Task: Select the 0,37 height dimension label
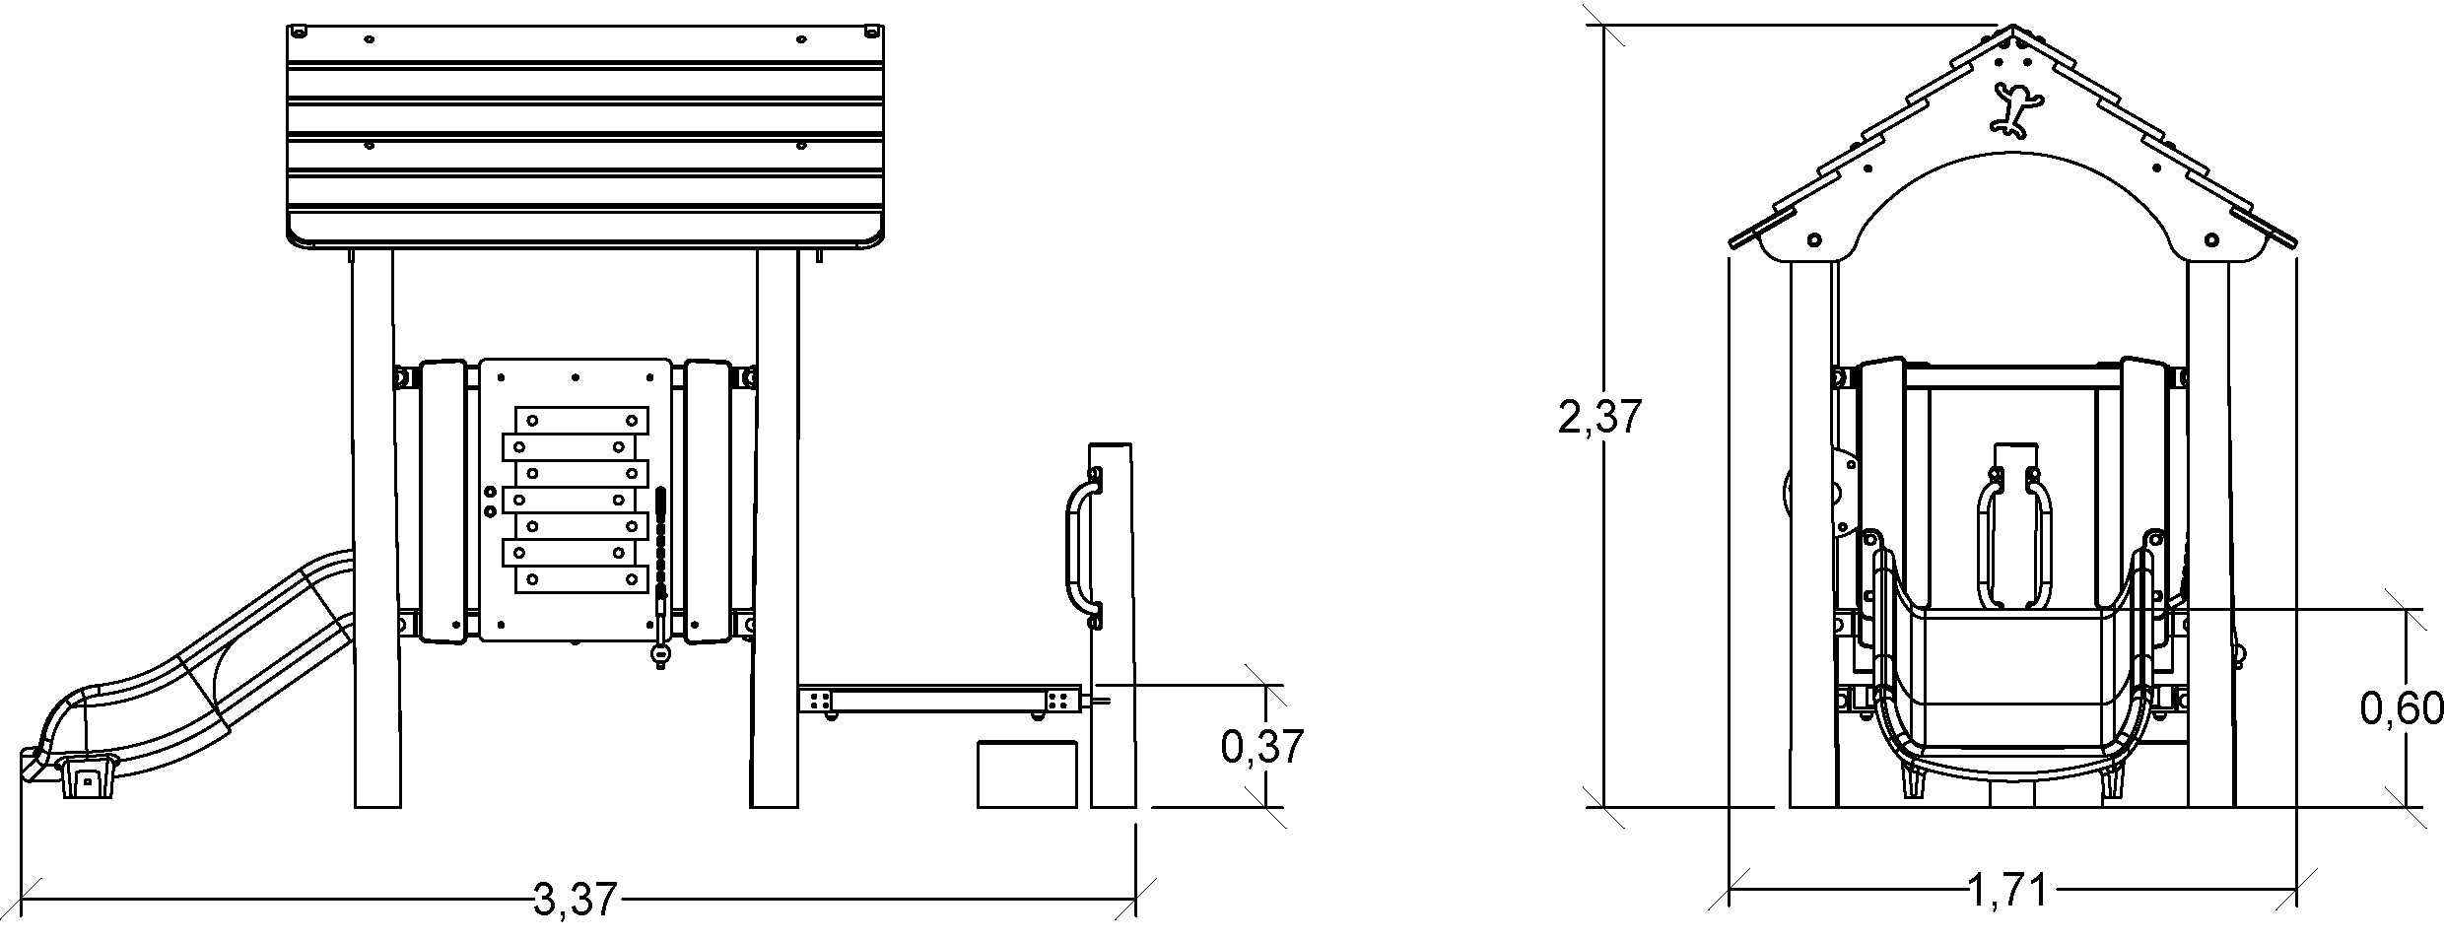pyautogui.click(x=1262, y=747)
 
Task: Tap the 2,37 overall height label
pyautogui.click(x=1599, y=417)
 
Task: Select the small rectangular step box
pyautogui.click(x=1026, y=774)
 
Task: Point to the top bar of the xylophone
pyautogui.click(x=581, y=421)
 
